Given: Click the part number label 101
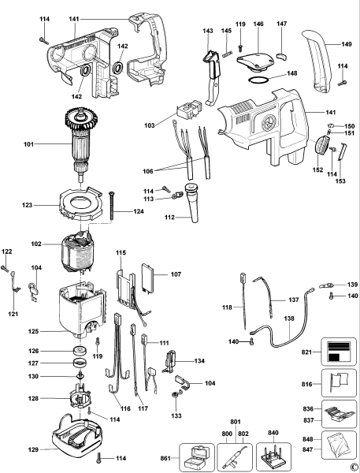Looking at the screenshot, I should click(x=28, y=144).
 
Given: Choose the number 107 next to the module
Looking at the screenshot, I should click(x=175, y=274).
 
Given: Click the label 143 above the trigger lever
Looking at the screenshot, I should click(x=207, y=31).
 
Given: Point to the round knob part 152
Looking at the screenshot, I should click(x=321, y=147).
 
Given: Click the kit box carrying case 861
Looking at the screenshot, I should click(x=196, y=456).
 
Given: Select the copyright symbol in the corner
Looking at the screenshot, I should click(x=353, y=467).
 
